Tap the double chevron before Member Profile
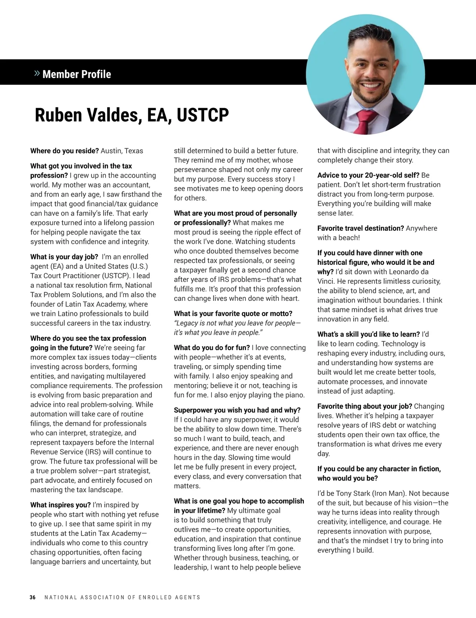point(37,73)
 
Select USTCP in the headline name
point(202,115)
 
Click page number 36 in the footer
point(33,597)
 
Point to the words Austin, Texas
point(122,151)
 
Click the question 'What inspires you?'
point(60,505)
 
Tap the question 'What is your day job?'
point(62,257)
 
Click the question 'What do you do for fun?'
point(212,348)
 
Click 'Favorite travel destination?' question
point(361,228)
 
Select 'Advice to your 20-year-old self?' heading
point(368,175)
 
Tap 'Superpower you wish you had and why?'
point(237,410)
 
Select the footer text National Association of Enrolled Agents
point(123,597)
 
